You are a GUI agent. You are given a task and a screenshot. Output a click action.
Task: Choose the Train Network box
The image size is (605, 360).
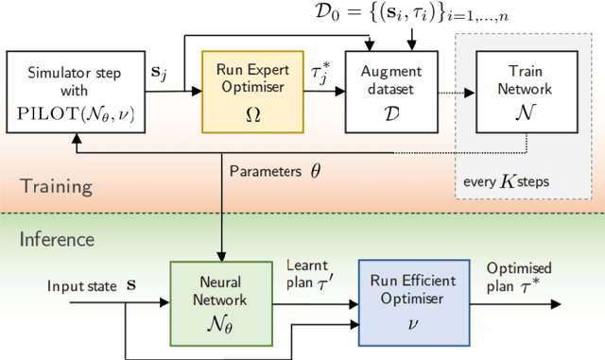pyautogui.click(x=517, y=91)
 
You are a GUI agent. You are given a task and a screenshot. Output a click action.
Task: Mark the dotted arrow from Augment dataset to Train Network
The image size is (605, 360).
pyautogui.click(x=447, y=92)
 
